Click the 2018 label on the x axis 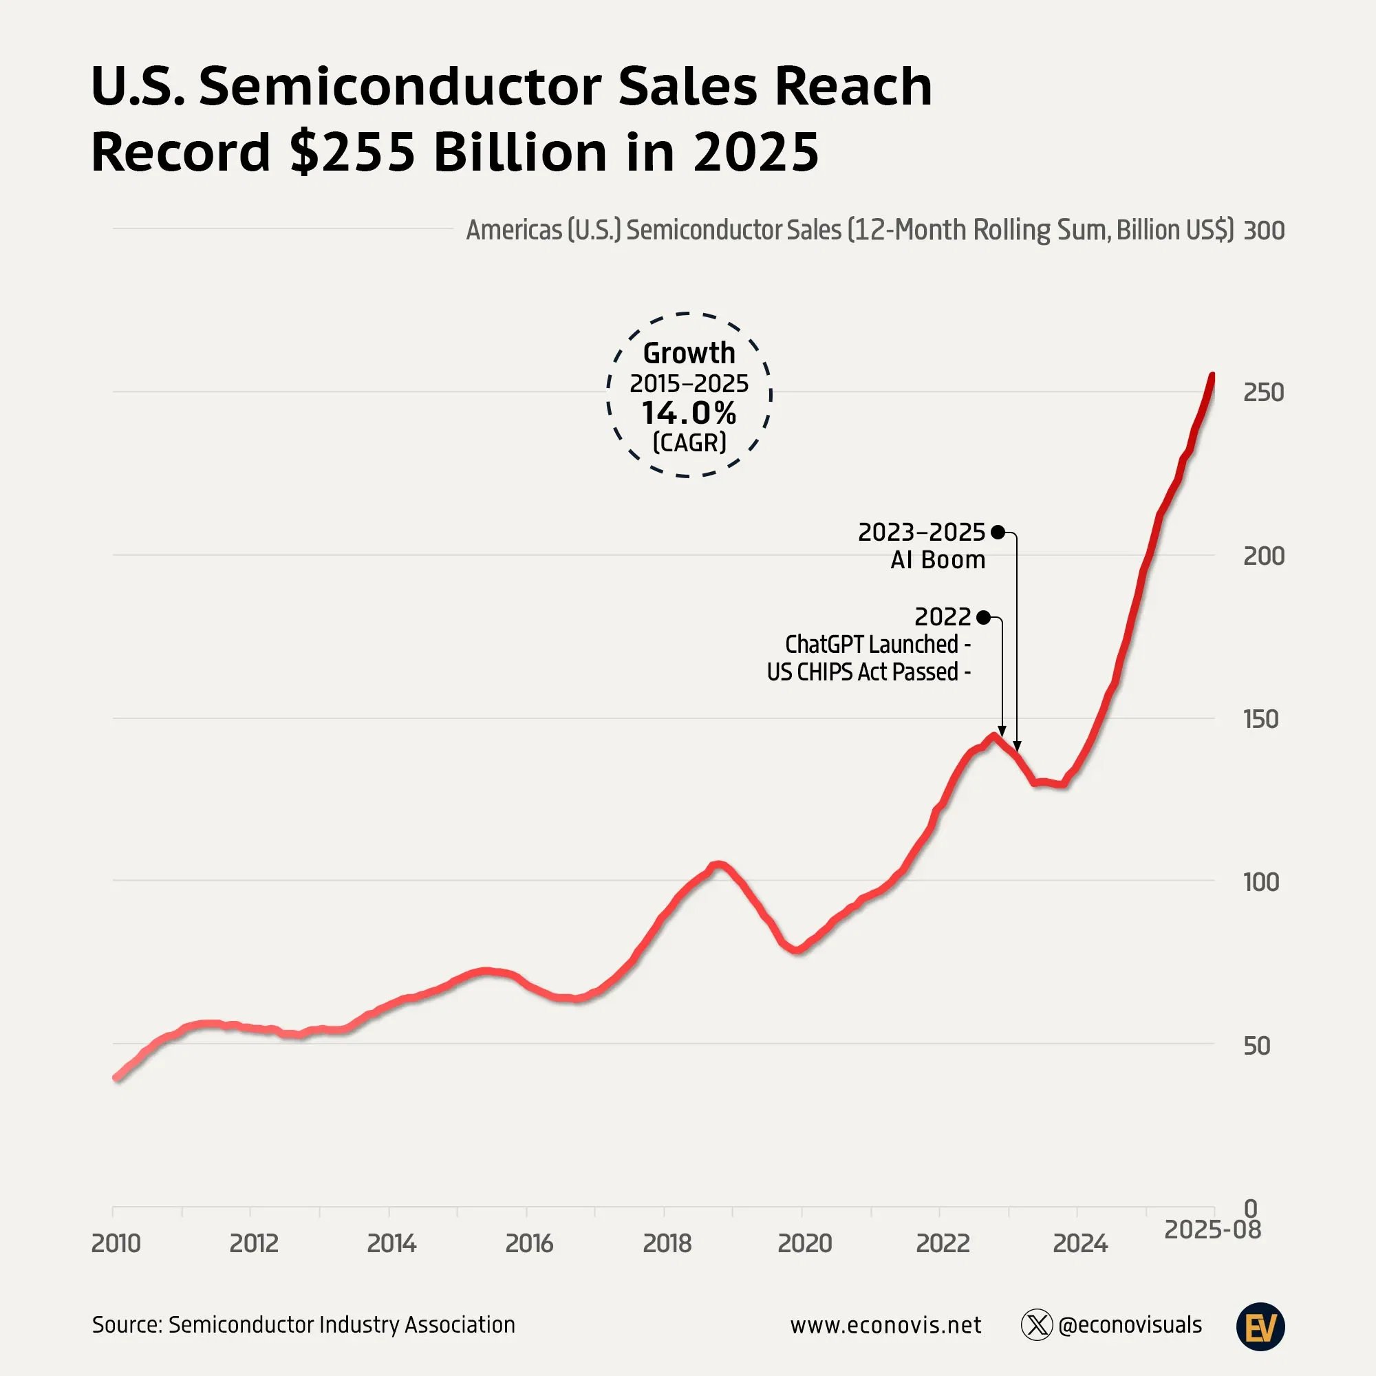tap(667, 1243)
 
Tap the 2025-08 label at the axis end tap(1212, 1229)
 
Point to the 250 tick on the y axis tap(1263, 392)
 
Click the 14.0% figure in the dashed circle tap(689, 413)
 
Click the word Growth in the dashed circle tap(689, 353)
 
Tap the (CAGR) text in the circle tap(689, 443)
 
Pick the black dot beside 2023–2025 tap(998, 532)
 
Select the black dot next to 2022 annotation tap(984, 616)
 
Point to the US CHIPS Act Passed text tap(863, 671)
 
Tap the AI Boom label tap(937, 560)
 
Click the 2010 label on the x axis tap(116, 1243)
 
